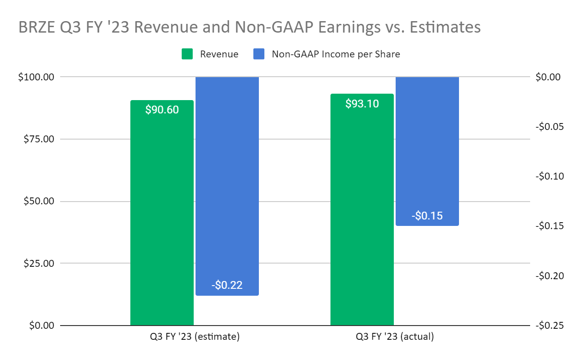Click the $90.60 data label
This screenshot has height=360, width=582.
pos(162,110)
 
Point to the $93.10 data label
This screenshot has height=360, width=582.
pos(362,104)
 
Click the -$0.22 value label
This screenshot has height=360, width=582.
pos(227,285)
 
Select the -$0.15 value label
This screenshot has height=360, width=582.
pos(427,215)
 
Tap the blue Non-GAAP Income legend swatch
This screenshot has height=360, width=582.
pos(259,54)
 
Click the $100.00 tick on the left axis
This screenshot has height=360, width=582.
pos(36,77)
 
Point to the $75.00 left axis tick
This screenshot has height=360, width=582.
pos(39,139)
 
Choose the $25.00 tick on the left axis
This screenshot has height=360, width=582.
pos(39,264)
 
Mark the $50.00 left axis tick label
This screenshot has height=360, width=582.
pos(39,202)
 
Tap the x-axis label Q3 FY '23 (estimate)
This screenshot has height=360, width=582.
pos(192,337)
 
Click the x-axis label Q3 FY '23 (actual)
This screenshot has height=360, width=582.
pos(395,337)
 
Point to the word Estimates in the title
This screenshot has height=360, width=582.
pos(443,28)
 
